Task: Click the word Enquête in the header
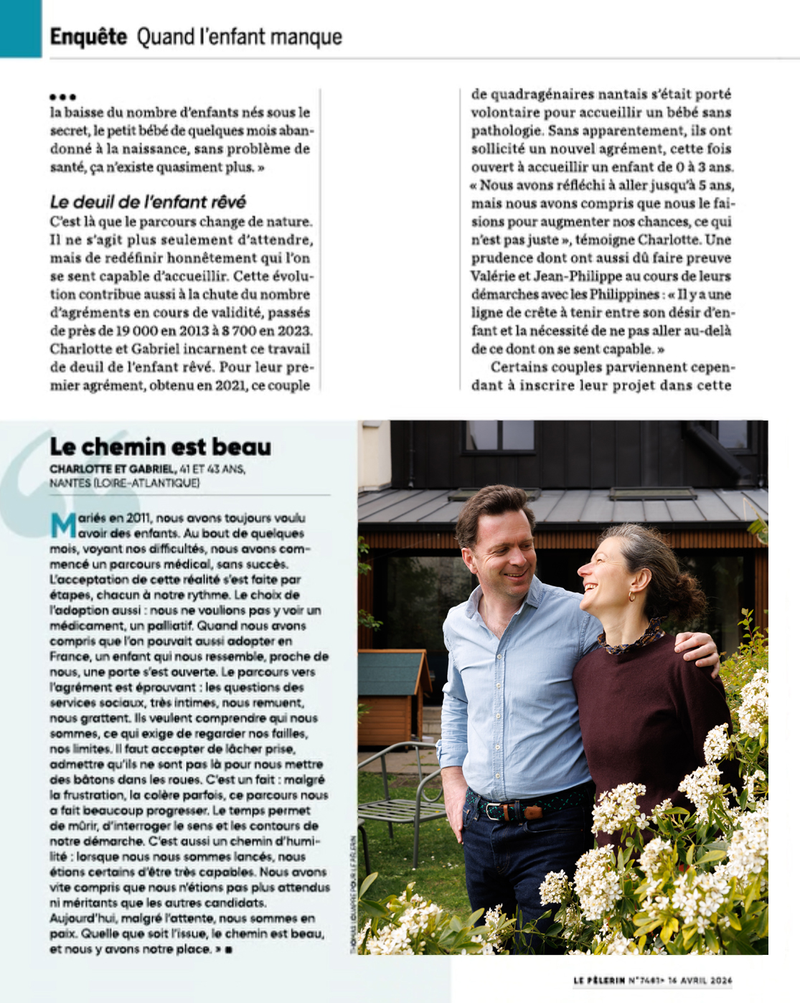click(88, 36)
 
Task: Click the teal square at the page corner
click(20, 28)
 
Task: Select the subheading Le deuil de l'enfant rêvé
click(149, 202)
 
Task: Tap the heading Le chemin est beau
click(161, 447)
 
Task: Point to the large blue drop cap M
click(63, 525)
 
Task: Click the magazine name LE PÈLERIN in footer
click(599, 980)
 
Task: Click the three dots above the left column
click(63, 97)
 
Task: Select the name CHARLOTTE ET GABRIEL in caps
click(112, 469)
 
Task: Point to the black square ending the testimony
click(228, 950)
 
